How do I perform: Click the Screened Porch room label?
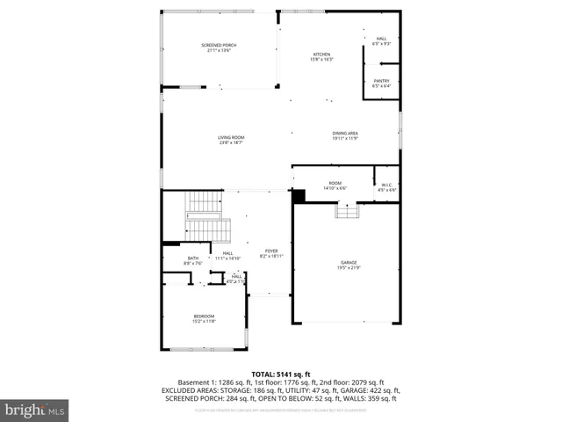(x=219, y=45)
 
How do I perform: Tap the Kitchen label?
(x=321, y=55)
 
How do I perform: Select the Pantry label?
(x=381, y=80)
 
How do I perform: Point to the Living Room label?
(x=231, y=137)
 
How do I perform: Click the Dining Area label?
(x=344, y=133)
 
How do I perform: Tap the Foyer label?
(x=271, y=251)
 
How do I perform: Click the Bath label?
(x=192, y=258)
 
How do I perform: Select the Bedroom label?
(x=204, y=316)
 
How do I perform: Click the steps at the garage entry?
(x=347, y=211)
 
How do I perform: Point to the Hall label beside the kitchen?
(x=381, y=39)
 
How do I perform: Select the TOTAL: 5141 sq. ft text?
(x=280, y=375)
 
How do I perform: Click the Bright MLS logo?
(x=34, y=410)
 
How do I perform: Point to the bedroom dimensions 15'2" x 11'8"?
(x=204, y=322)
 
